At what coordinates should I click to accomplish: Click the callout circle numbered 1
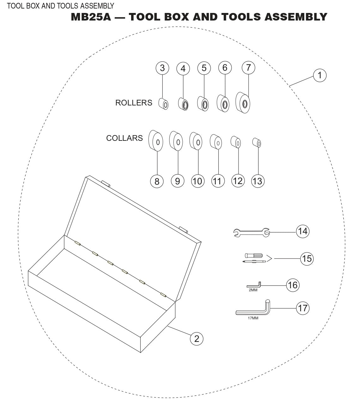(320, 75)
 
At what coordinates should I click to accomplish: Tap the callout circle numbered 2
(197, 339)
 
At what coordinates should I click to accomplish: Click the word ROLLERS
(134, 103)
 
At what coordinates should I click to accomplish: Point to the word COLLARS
(124, 138)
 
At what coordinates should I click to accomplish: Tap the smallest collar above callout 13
(257, 143)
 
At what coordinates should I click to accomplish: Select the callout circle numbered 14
(302, 231)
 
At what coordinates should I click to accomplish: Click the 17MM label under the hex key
(253, 318)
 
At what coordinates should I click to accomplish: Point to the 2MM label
(253, 290)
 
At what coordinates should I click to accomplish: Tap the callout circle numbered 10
(197, 181)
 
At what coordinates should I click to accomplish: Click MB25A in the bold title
(91, 17)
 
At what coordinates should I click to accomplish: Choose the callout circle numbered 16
(293, 285)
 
